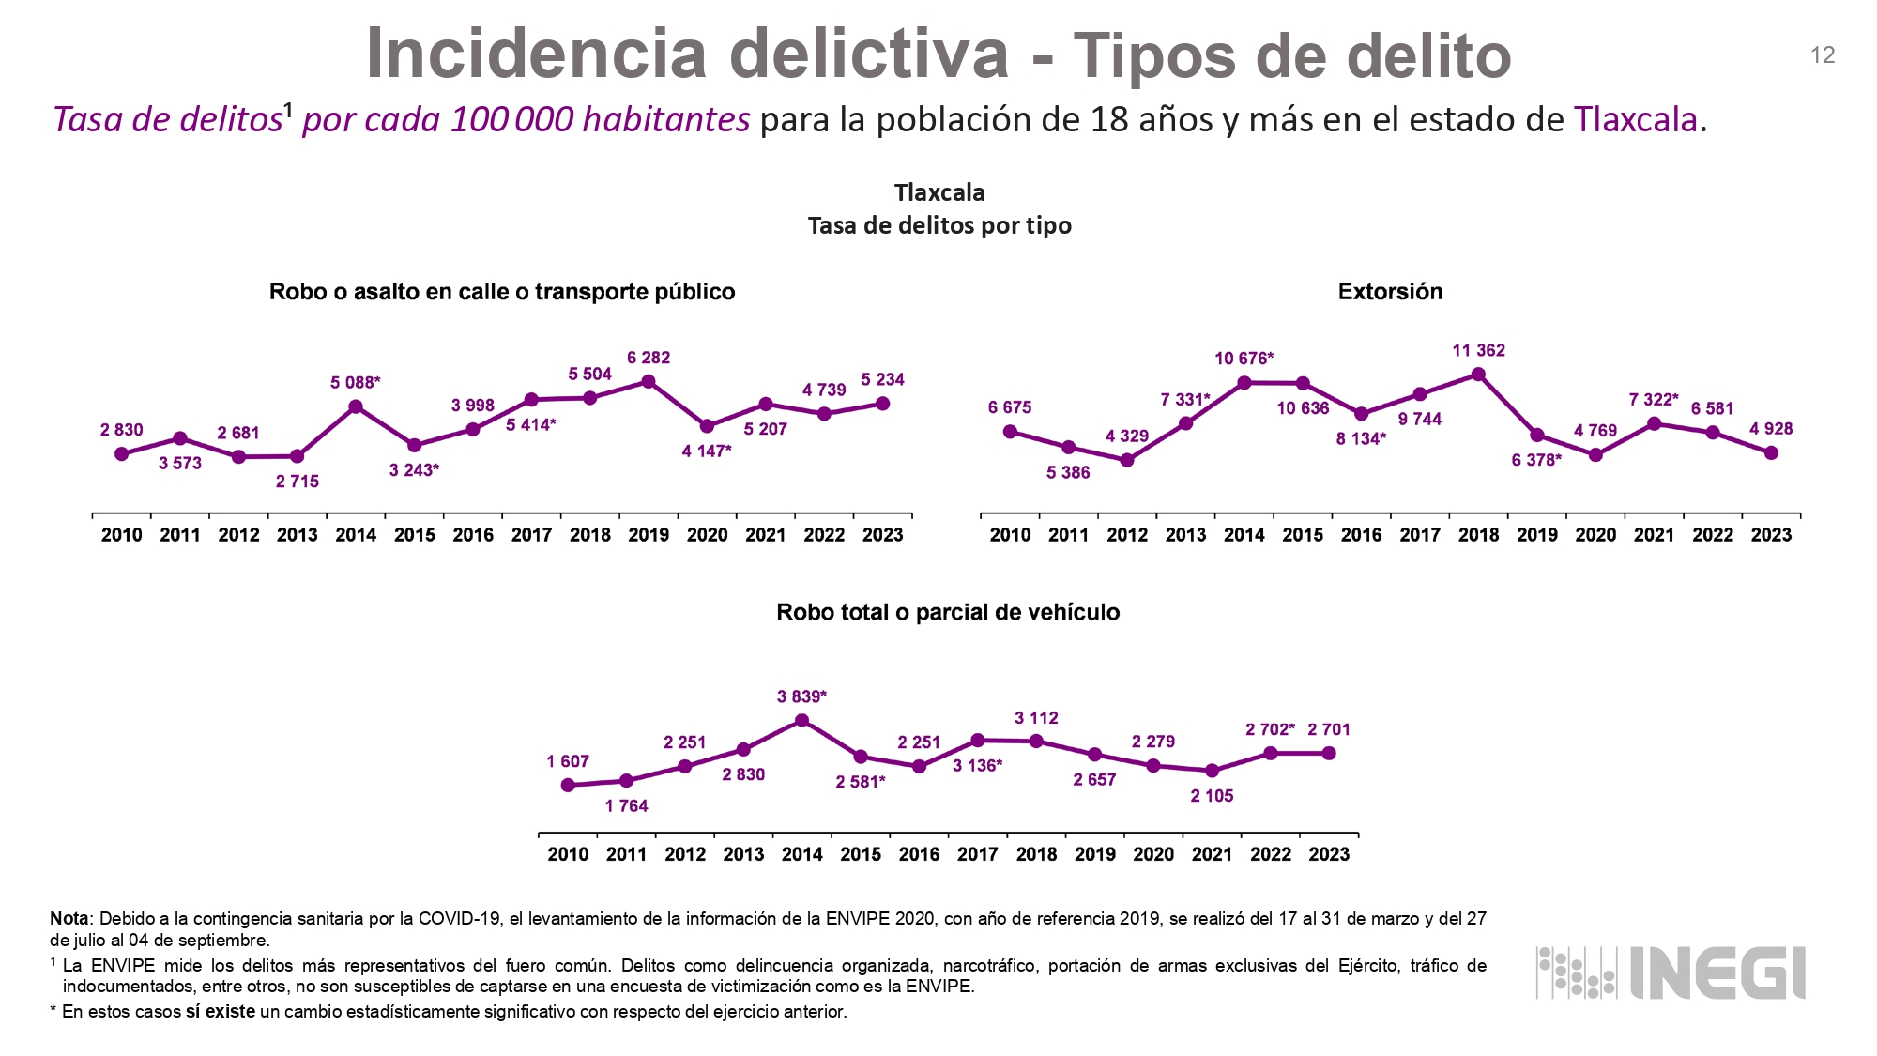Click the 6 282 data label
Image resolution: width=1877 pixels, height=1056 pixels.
point(649,358)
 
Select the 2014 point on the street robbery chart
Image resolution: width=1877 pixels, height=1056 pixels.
point(356,406)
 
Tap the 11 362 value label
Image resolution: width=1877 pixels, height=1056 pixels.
point(1478,350)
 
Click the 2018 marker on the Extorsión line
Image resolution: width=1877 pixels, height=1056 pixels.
point(1478,375)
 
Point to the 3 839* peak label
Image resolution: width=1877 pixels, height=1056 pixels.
point(801,696)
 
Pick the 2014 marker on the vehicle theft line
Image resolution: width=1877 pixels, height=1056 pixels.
point(801,721)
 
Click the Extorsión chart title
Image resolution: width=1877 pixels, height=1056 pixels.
point(1390,292)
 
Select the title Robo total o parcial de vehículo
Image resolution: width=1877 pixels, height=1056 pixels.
point(948,612)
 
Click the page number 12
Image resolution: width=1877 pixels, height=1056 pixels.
point(1822,55)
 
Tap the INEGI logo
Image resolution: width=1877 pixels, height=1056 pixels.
point(1671,972)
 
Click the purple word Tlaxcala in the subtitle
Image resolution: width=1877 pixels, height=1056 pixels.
point(1635,120)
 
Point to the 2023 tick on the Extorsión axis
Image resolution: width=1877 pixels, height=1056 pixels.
point(1771,535)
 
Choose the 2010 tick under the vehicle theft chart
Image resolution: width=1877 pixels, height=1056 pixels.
point(568,854)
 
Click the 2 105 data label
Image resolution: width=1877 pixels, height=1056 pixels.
point(1212,796)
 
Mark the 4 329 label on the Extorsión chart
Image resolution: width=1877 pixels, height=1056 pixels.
point(1126,436)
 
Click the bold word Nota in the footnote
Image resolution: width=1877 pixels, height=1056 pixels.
point(69,919)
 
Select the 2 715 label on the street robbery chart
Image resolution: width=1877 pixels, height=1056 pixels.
point(298,482)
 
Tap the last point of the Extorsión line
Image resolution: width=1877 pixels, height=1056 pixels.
point(1771,452)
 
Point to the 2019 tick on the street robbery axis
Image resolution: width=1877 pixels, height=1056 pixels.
point(649,535)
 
